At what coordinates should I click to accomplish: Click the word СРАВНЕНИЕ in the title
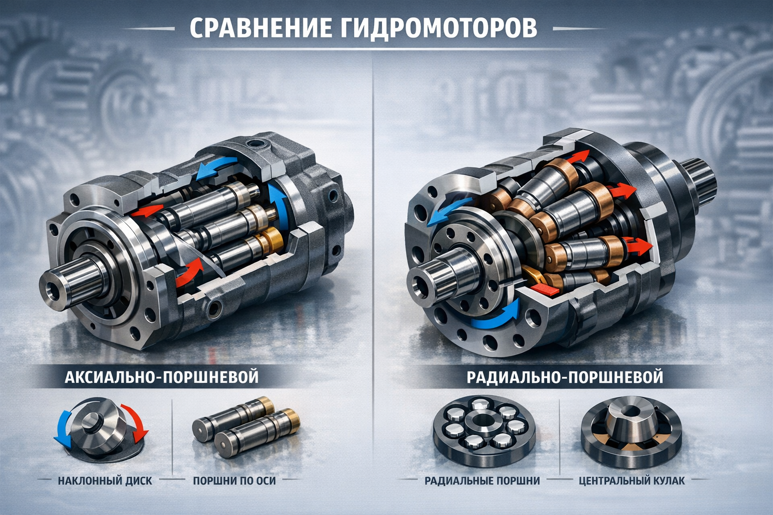(x=261, y=29)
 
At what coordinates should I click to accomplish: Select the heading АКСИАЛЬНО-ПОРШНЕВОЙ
(x=162, y=377)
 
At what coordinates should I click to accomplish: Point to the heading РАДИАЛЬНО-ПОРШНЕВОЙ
(x=565, y=377)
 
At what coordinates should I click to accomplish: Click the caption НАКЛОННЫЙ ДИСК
(x=105, y=481)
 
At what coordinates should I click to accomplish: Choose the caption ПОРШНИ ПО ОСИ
(x=235, y=481)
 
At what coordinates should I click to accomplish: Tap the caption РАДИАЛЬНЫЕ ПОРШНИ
(x=482, y=481)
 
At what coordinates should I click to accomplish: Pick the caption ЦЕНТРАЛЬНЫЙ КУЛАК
(x=632, y=481)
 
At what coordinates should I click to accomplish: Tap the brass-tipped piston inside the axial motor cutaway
(x=242, y=246)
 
